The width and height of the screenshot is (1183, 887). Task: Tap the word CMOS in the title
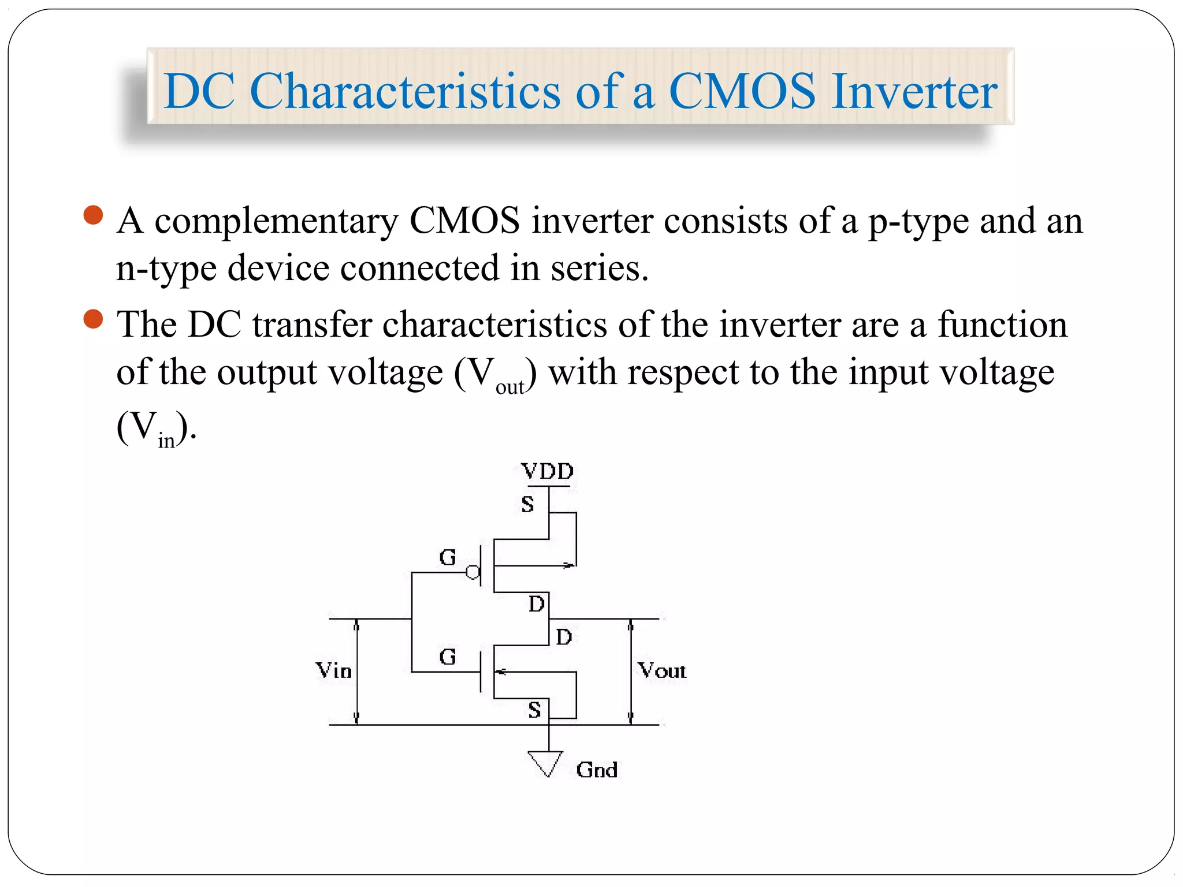click(742, 91)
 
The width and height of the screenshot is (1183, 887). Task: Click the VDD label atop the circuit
click(547, 472)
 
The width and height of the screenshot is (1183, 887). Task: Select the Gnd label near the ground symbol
click(597, 770)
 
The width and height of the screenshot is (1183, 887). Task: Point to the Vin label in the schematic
click(334, 670)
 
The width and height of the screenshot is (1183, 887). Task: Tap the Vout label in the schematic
click(661, 670)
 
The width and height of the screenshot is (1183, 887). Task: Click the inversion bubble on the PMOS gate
click(473, 572)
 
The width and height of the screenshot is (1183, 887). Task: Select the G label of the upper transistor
click(448, 557)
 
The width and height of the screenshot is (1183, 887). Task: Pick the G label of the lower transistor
click(448, 657)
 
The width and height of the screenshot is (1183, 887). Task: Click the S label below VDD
click(527, 504)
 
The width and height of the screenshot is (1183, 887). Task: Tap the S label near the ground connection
click(534, 710)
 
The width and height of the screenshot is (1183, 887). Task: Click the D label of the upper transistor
click(537, 604)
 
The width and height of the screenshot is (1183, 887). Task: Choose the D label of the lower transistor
click(564, 637)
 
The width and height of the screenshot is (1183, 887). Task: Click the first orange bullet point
click(93, 215)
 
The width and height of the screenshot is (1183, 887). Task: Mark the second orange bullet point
click(93, 319)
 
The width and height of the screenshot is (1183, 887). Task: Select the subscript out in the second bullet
click(509, 387)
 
